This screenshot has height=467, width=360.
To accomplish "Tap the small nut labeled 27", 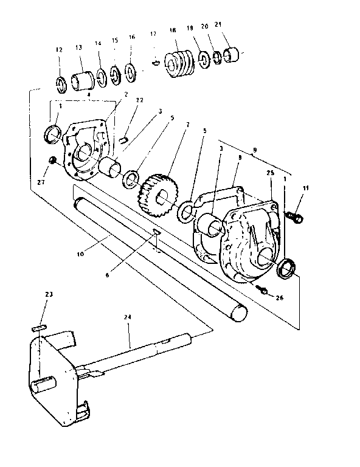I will (53, 160).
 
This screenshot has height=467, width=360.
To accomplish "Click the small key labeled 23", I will (38, 327).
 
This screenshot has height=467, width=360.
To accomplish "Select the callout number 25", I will (269, 173).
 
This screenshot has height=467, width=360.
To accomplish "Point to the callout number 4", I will (88, 95).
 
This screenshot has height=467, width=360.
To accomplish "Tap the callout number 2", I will (126, 95).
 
